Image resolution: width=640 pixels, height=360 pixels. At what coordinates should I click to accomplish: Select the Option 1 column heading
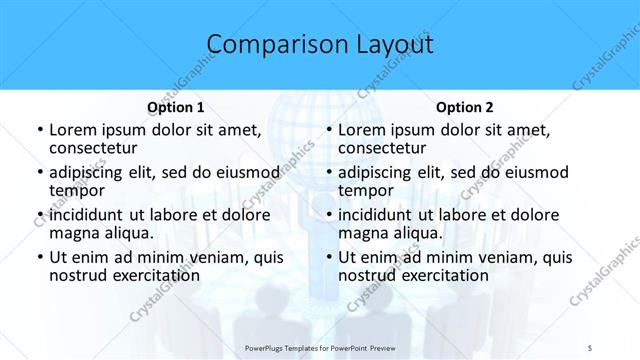click(176, 107)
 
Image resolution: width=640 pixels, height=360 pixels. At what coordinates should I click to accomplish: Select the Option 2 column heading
click(465, 107)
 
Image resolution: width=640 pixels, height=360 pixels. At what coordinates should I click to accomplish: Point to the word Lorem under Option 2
click(361, 130)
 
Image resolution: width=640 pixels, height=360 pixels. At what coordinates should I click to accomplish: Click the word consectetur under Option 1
click(96, 149)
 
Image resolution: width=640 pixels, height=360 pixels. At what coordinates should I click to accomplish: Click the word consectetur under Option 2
click(385, 149)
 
